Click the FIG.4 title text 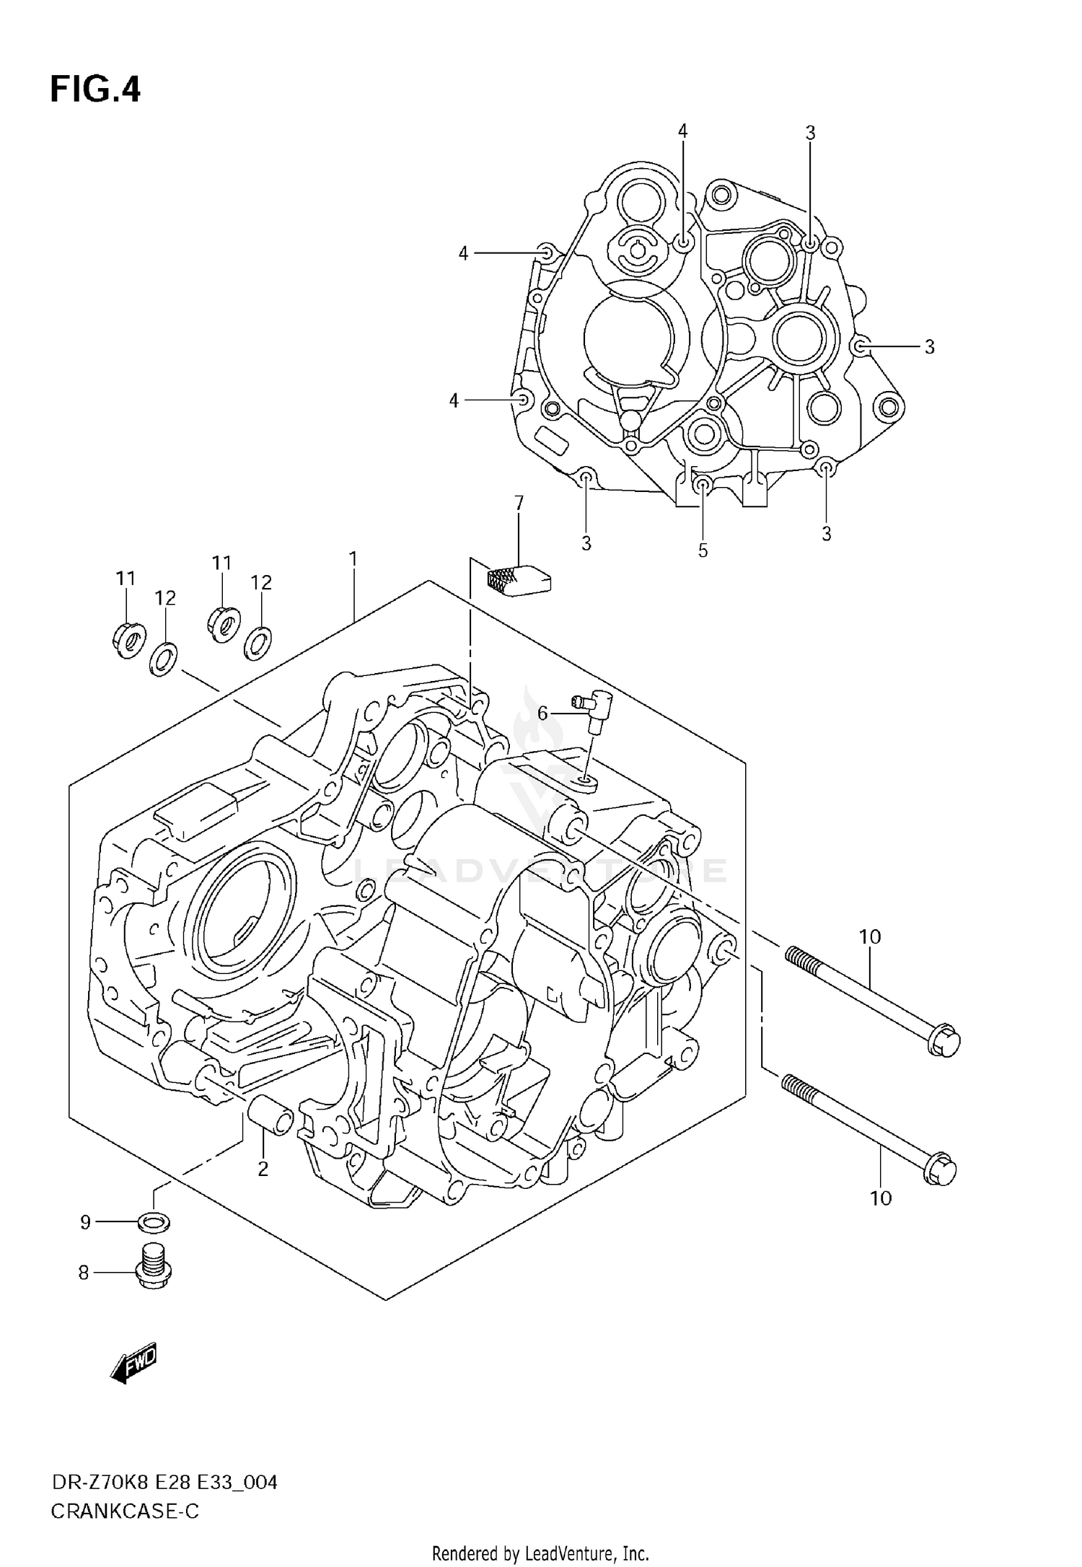click(94, 91)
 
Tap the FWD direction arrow click(133, 1363)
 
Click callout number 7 click(519, 503)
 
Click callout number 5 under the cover click(703, 550)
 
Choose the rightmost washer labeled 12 click(258, 643)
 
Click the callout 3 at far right click(929, 347)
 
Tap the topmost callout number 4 click(682, 131)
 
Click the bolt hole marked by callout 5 click(703, 485)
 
